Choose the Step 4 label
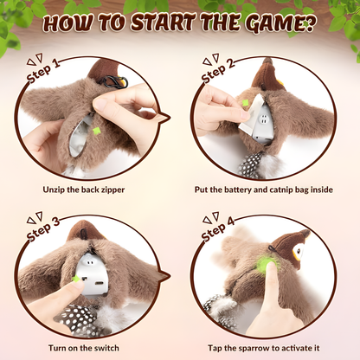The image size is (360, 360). pos(217,229)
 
